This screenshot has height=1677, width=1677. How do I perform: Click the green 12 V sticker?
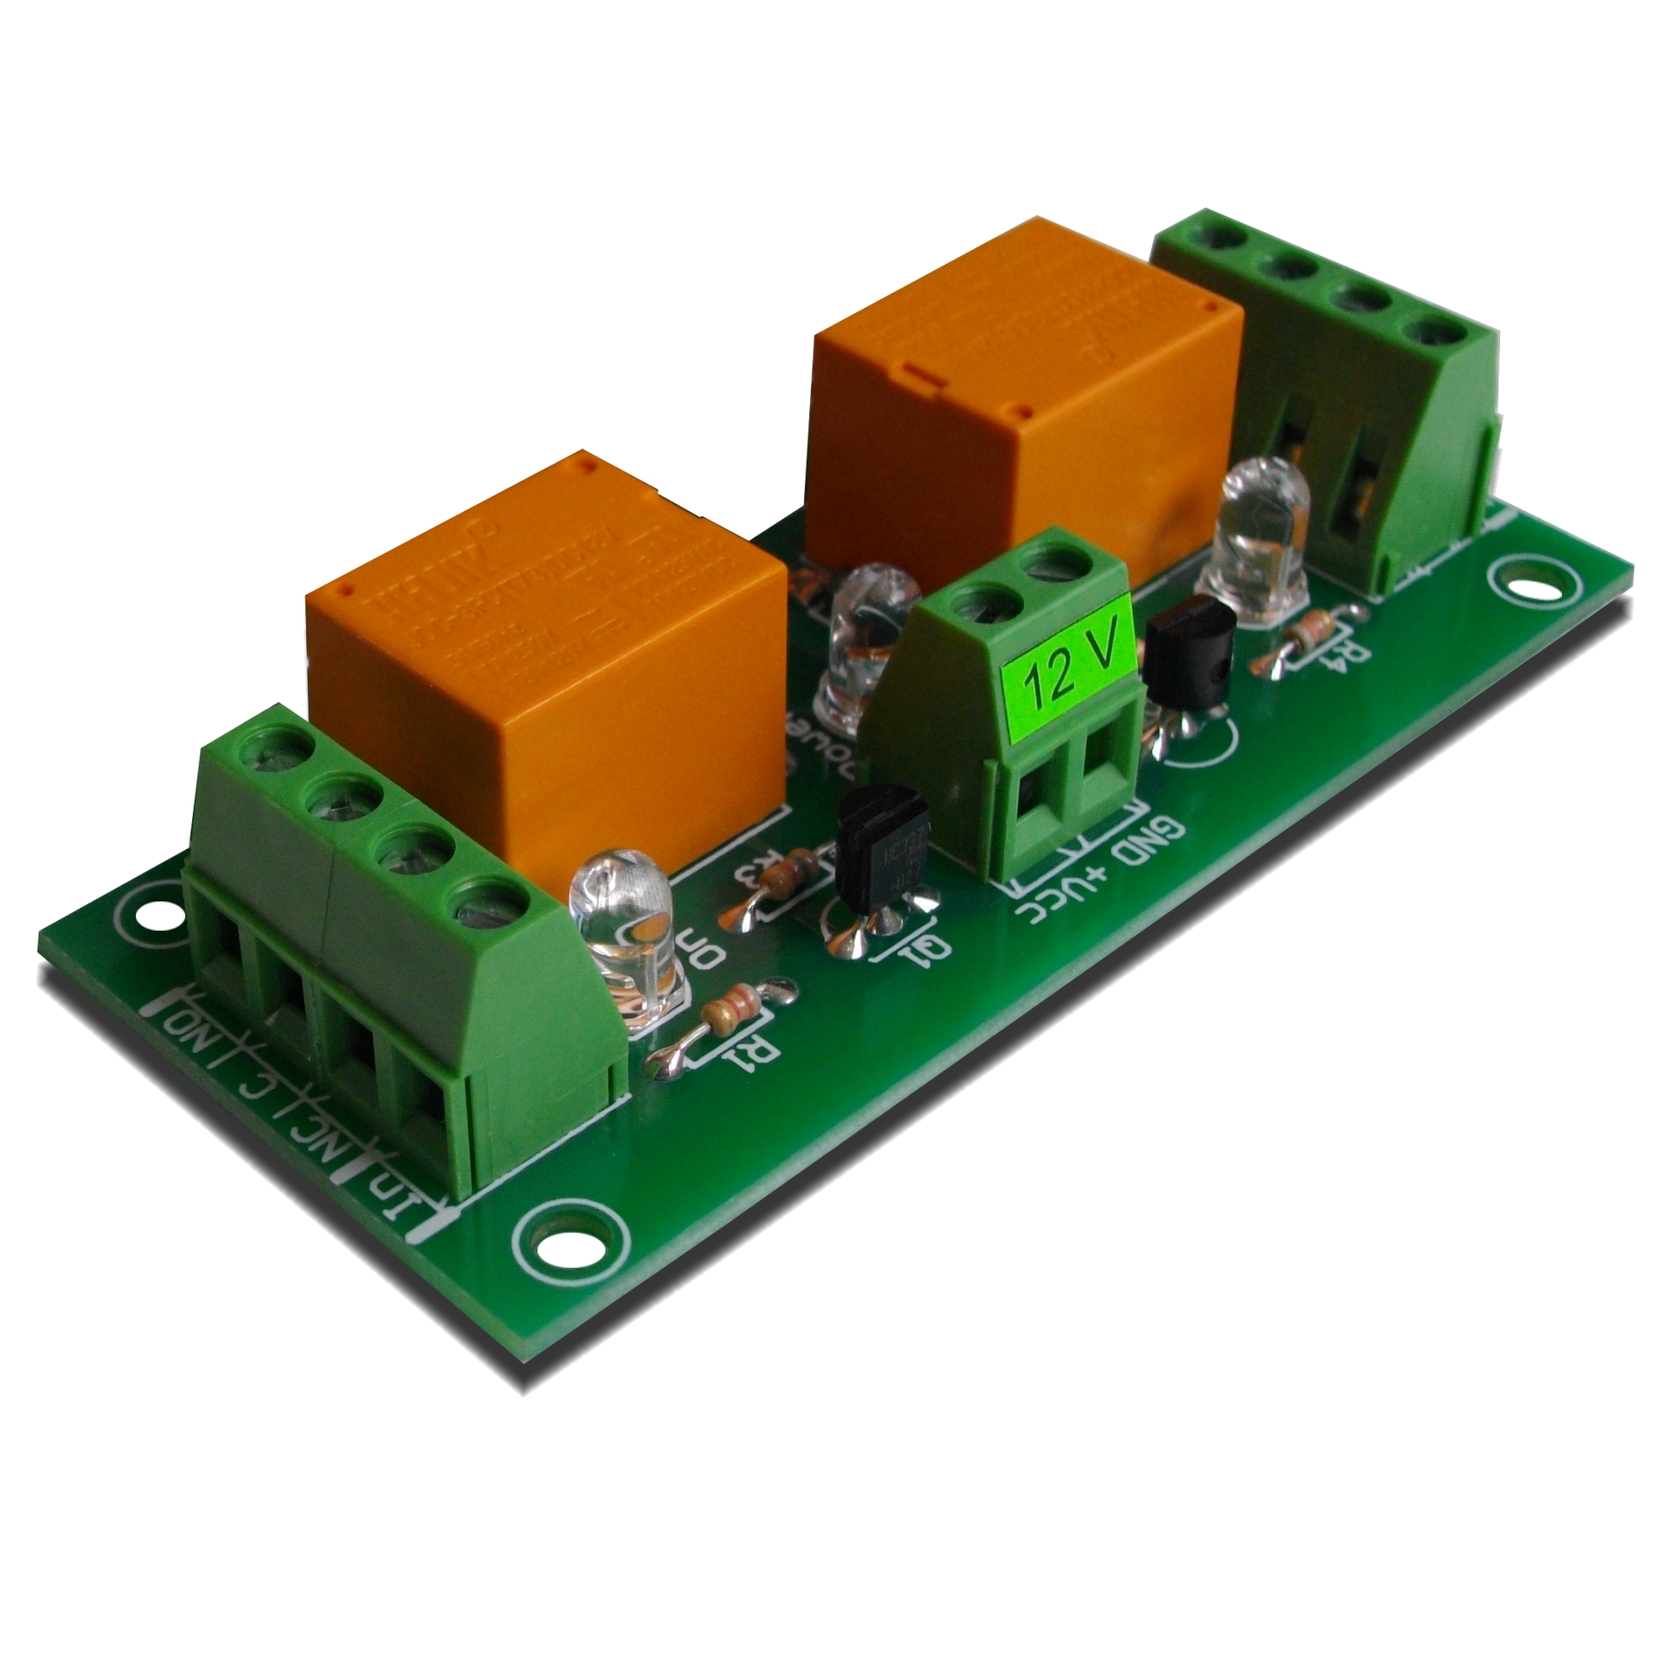click(1068, 674)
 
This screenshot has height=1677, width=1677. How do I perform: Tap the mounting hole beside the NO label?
click(155, 914)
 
